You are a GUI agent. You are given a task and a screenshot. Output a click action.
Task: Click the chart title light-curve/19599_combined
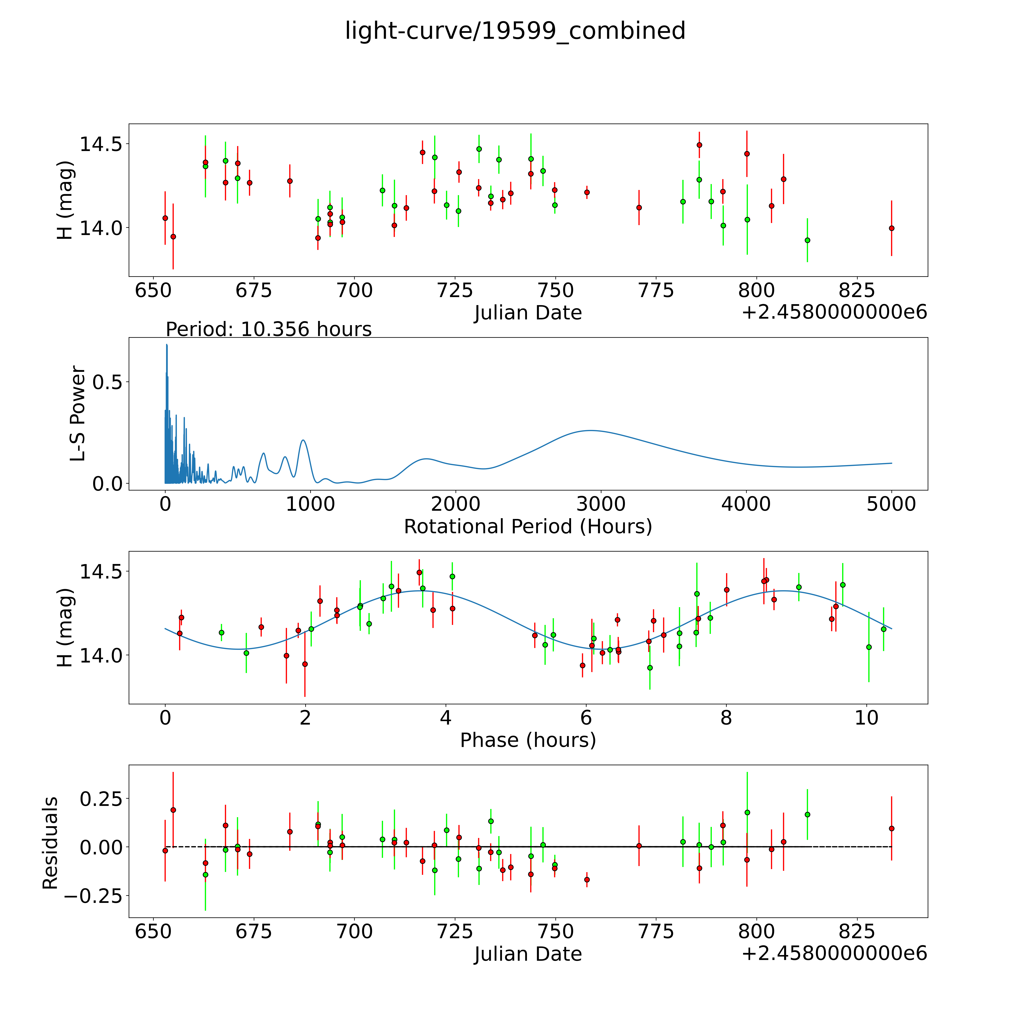[515, 31]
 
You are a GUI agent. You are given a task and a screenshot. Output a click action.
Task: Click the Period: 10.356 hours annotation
[268, 329]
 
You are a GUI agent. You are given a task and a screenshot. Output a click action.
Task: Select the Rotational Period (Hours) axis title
[528, 527]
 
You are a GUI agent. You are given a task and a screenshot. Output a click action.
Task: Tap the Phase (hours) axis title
[528, 740]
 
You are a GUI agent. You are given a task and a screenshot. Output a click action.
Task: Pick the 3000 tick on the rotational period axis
[601, 504]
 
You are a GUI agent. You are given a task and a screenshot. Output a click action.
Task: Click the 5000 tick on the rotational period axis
[891, 504]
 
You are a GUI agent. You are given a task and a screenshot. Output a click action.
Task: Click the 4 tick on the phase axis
[446, 718]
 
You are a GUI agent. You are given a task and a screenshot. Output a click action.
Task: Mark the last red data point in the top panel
[891, 228]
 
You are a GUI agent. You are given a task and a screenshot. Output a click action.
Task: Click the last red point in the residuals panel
[891, 828]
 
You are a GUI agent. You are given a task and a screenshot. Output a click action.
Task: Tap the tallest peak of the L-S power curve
[166, 345]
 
